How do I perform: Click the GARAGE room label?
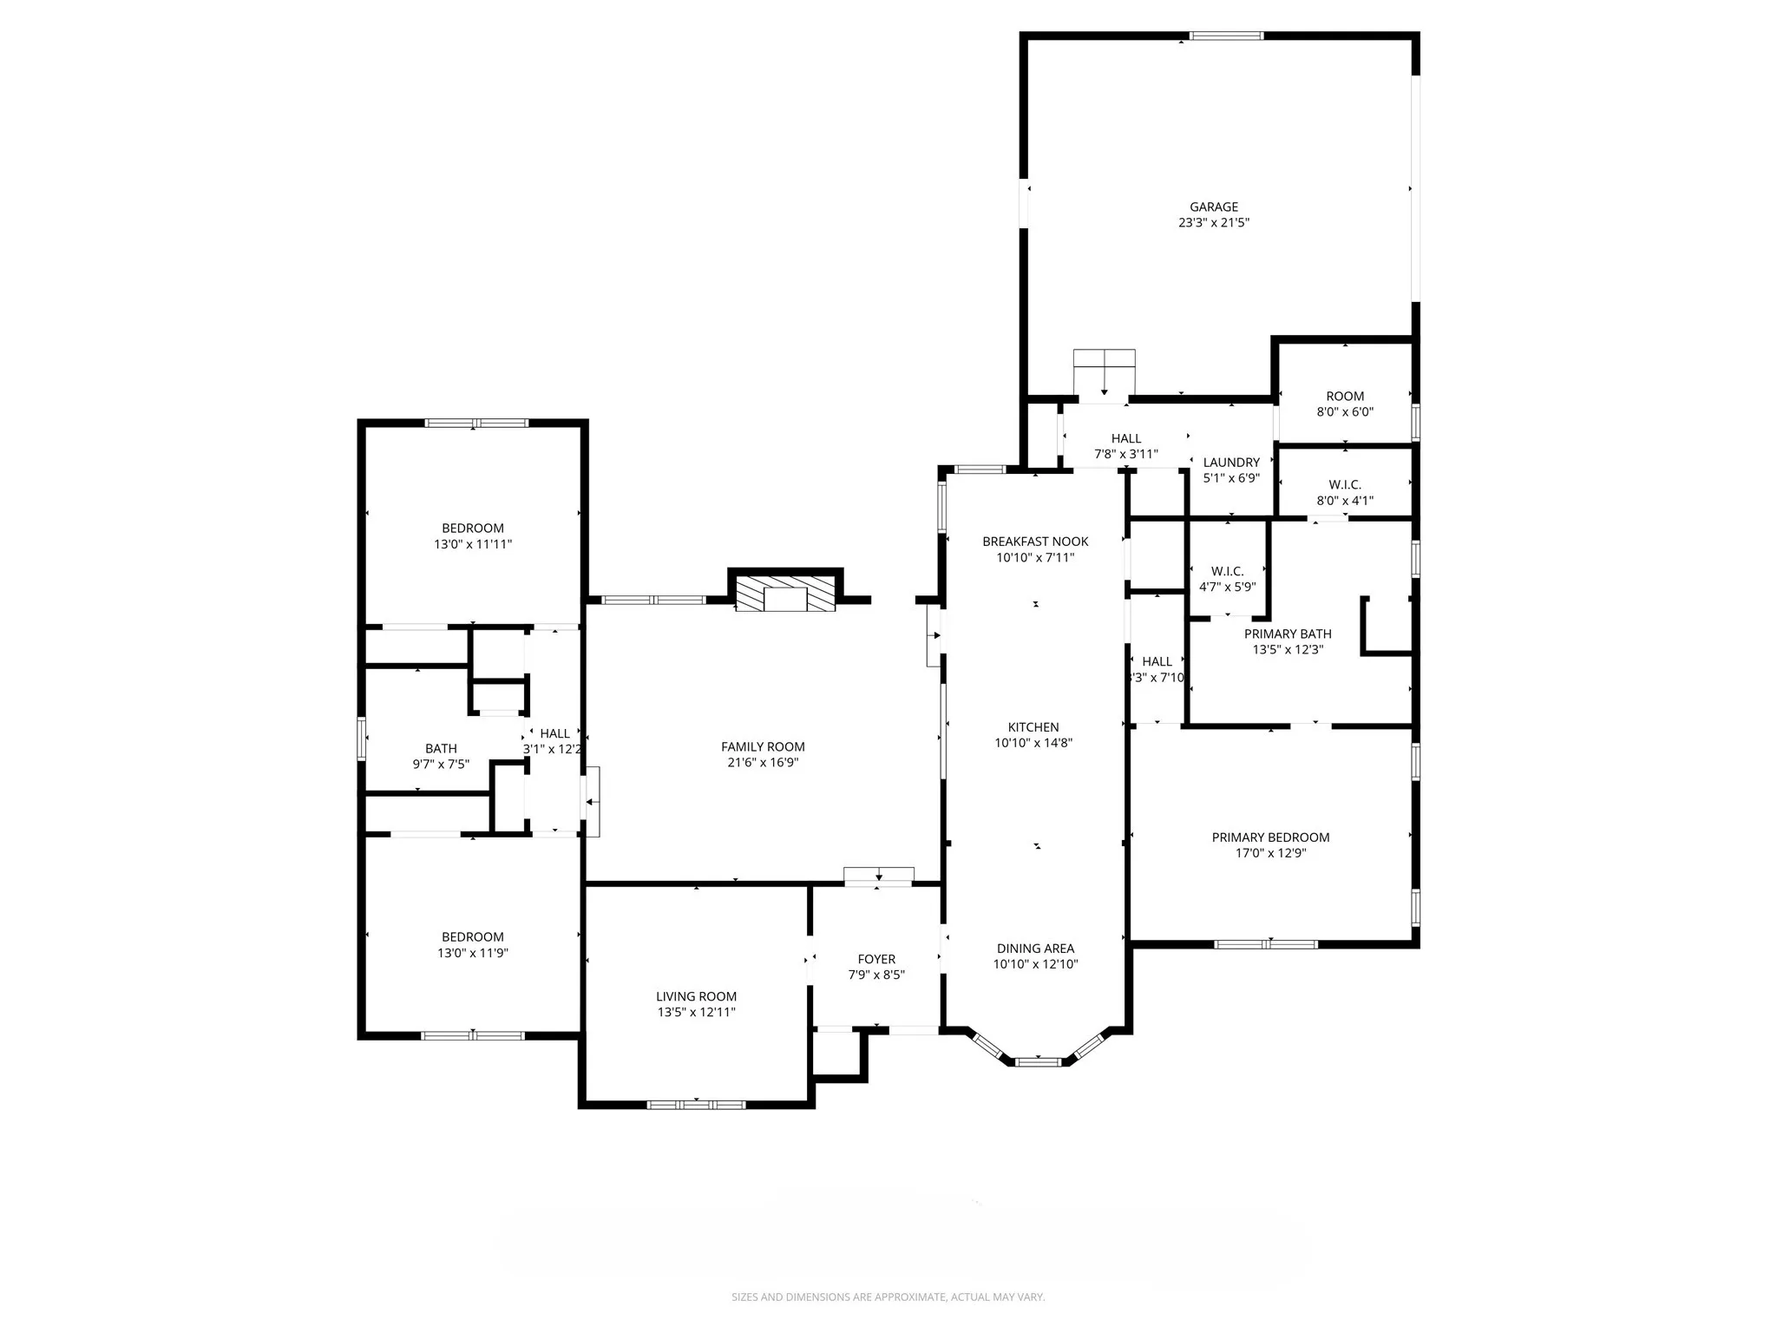click(1213, 207)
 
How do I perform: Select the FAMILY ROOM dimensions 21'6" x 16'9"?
click(763, 763)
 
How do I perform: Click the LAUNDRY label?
click(1230, 463)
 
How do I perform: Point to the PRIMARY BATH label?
click(1287, 634)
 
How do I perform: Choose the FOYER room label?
click(876, 959)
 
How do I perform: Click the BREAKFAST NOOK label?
click(1035, 542)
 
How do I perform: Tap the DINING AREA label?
click(1035, 949)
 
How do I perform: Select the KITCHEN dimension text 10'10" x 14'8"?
click(1033, 743)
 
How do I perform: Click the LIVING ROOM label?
click(696, 996)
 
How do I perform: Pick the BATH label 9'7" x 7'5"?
click(441, 756)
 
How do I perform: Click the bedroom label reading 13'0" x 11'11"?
click(473, 536)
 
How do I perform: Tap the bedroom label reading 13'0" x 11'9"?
click(473, 945)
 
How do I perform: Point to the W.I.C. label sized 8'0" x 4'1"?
click(1345, 493)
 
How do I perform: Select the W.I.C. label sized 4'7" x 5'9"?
click(1227, 579)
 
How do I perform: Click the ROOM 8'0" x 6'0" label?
click(1345, 404)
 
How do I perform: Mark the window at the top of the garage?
click(1225, 36)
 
